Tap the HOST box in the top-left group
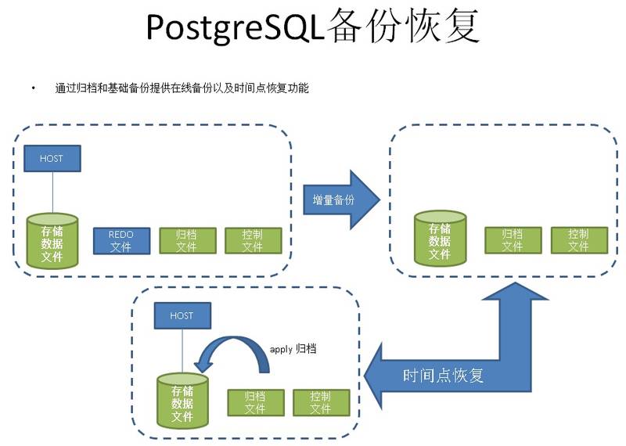(52, 159)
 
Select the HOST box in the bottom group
(182, 316)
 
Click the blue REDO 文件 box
(121, 241)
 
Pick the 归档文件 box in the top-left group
(186, 241)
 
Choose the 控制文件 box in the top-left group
(252, 241)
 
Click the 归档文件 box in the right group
(513, 240)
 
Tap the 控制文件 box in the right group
(578, 240)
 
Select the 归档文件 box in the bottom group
(254, 402)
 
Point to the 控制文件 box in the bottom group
(320, 402)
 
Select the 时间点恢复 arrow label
(444, 376)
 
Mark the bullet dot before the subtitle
(34, 88)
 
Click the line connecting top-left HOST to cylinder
(52, 192)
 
